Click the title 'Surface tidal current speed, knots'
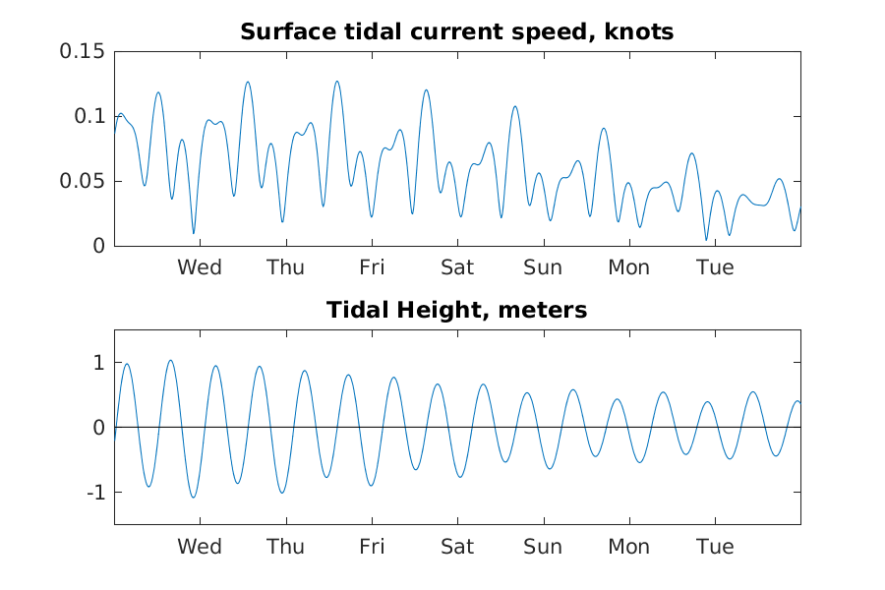pos(456,32)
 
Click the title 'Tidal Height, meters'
pos(456,310)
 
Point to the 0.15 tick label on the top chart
pos(83,51)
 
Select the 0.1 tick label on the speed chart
pos(89,116)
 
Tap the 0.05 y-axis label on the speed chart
pos(83,181)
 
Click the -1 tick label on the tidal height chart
pos(96,493)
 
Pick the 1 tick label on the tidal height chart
pos(99,363)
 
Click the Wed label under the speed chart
pos(200,267)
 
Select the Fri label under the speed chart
pos(372,267)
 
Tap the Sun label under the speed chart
pos(543,267)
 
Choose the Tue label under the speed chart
pos(715,267)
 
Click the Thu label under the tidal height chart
pos(285,547)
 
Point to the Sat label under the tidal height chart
pos(457,547)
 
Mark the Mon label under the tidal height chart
pos(628,547)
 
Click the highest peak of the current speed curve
pos(337,82)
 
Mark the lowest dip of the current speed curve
pos(706,240)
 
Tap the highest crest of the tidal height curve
pos(170,360)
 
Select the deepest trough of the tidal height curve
pos(193,497)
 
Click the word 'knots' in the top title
pos(639,32)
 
